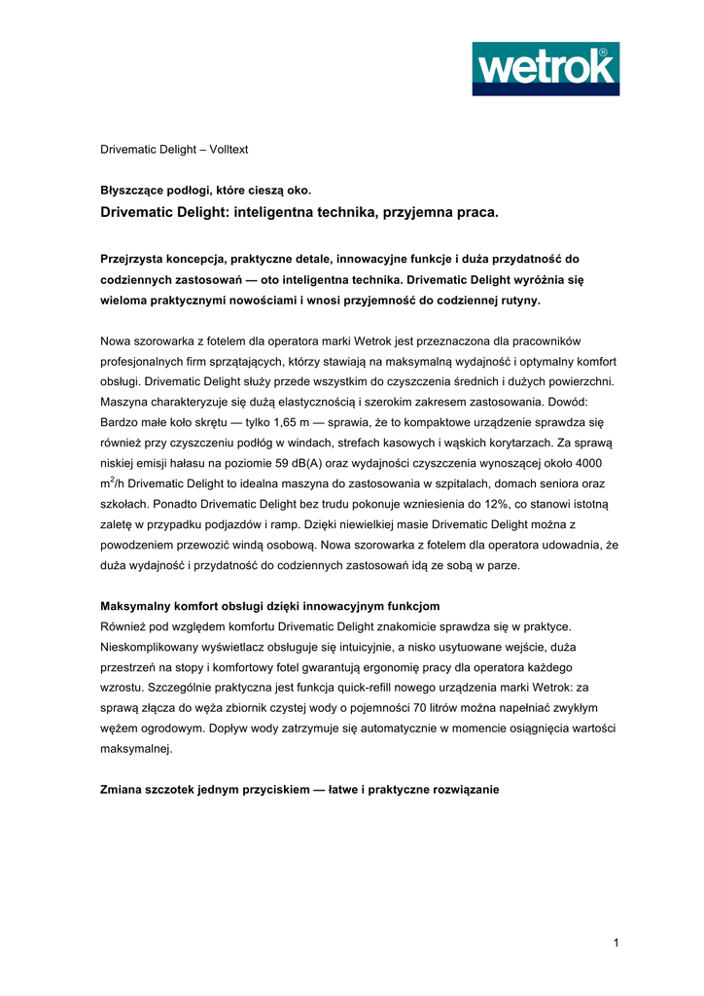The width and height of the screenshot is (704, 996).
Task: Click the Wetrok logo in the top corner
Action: [546, 68]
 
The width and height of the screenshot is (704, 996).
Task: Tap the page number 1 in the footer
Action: [616, 942]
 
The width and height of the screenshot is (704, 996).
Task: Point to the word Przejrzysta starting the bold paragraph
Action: [137, 259]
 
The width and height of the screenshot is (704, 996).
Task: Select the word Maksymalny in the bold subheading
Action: [136, 605]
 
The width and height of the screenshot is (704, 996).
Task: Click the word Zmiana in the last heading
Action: [123, 789]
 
